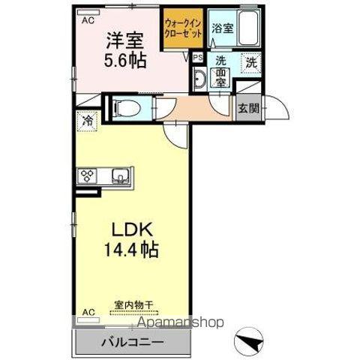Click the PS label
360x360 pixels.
click(198, 56)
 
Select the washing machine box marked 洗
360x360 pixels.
click(252, 64)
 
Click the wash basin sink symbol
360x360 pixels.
click(201, 79)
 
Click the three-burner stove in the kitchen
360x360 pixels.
click(86, 177)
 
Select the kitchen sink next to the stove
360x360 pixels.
click(119, 177)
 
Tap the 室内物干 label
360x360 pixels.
click(133, 304)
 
